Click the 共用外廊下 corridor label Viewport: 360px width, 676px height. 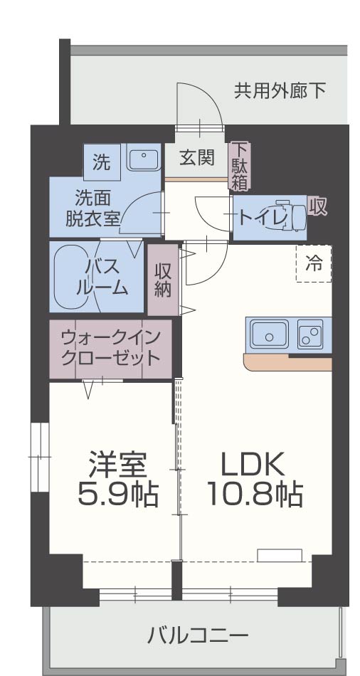pyautogui.click(x=280, y=90)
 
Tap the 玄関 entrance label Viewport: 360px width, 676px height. pyautogui.click(x=196, y=158)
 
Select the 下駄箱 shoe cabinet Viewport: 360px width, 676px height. pyautogui.click(x=238, y=165)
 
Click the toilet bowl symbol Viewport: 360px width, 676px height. pyautogui.click(x=297, y=214)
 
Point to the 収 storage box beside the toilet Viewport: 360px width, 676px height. pyautogui.click(x=317, y=206)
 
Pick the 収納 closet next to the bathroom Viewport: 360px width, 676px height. pyautogui.click(x=163, y=280)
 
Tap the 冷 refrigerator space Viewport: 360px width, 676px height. pyautogui.click(x=314, y=263)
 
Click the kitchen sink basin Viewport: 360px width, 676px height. pyautogui.click(x=269, y=332)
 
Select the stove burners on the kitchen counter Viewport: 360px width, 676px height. pyautogui.click(x=310, y=333)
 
